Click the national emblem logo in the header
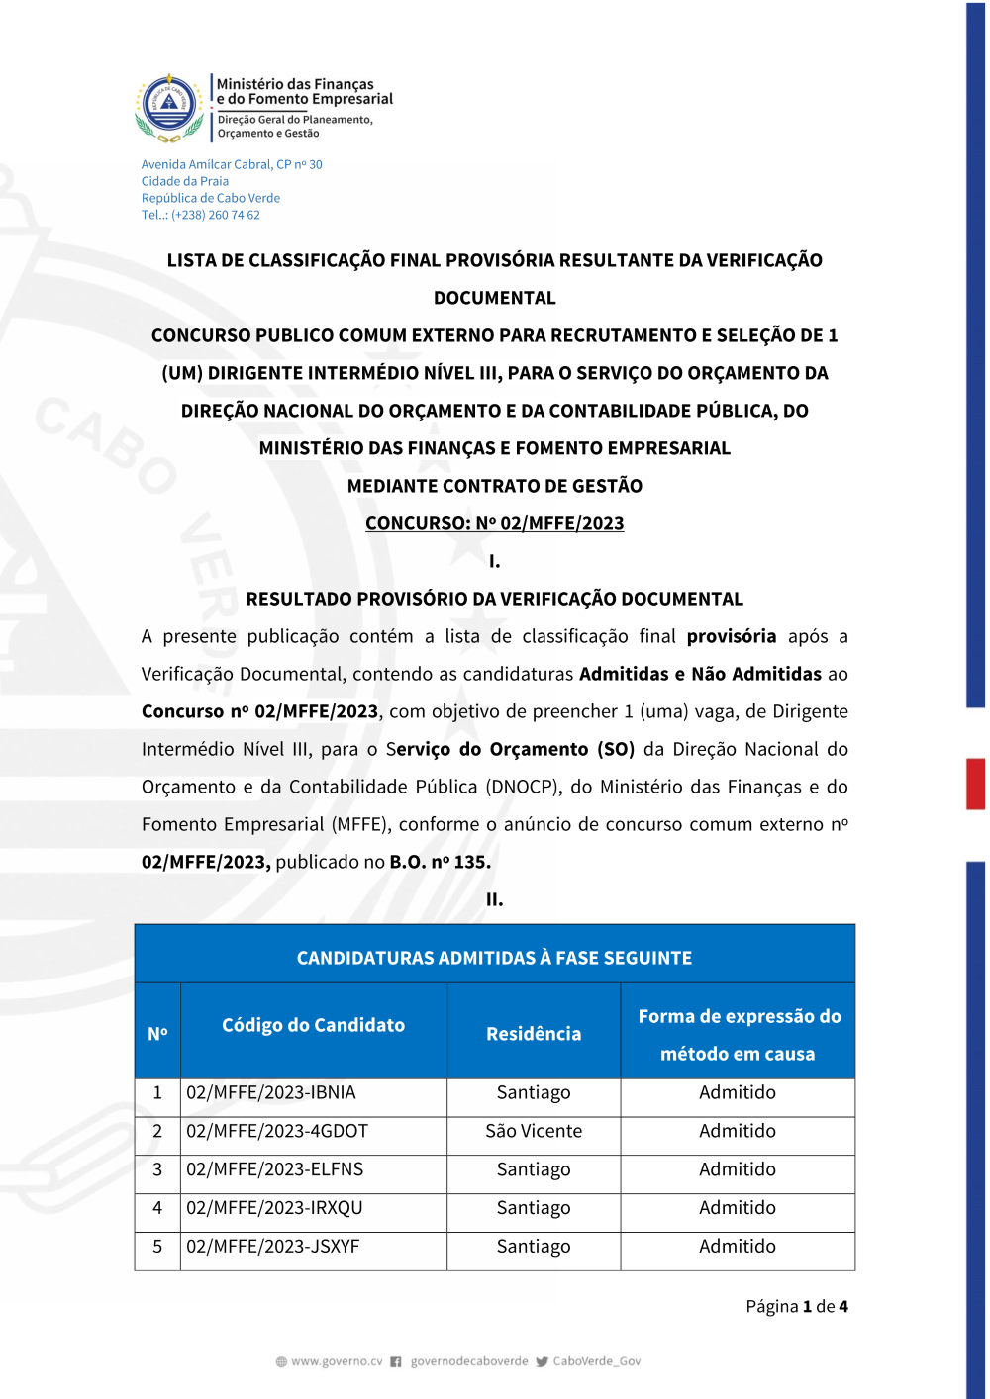[x=169, y=107]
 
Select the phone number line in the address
[x=201, y=215]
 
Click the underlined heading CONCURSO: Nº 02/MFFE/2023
[x=494, y=523]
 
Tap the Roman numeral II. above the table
[x=494, y=899]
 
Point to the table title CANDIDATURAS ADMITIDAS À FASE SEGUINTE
[x=494, y=958]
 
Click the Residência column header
[x=534, y=1034]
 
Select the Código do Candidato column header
[x=313, y=1025]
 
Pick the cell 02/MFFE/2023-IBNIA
[x=271, y=1092]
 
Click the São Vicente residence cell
[x=534, y=1131]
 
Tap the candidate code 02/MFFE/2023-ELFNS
[x=275, y=1169]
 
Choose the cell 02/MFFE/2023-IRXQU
[x=275, y=1208]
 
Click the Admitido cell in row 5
[x=738, y=1247]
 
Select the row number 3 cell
[x=157, y=1169]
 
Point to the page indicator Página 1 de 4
[x=796, y=1306]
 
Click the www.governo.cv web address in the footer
[x=337, y=1361]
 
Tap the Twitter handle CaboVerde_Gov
[x=596, y=1361]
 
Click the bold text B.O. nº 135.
[x=441, y=862]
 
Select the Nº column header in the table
[x=157, y=1034]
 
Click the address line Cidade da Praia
[x=185, y=181]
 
